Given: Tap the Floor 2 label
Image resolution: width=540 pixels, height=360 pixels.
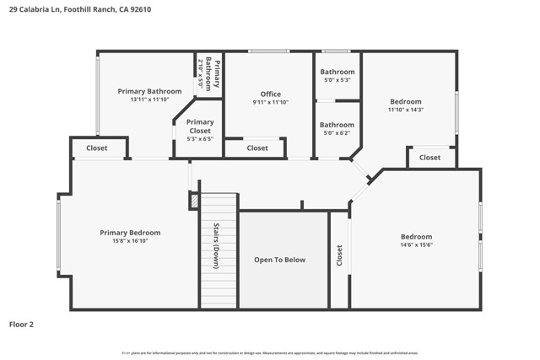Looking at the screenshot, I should pyautogui.click(x=21, y=323).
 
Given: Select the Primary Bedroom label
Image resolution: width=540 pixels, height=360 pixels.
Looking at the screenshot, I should pyautogui.click(x=130, y=233).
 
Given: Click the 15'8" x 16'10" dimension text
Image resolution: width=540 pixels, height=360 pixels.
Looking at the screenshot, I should pyautogui.click(x=130, y=240).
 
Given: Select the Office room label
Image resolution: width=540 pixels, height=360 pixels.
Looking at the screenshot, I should pyautogui.click(x=270, y=94).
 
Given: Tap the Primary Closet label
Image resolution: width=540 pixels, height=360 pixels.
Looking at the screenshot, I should pyautogui.click(x=200, y=126).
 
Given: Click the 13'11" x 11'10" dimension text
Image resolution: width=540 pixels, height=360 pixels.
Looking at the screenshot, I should pyautogui.click(x=149, y=99).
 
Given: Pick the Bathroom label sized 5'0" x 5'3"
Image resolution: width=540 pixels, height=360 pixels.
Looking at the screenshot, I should pyautogui.click(x=337, y=73).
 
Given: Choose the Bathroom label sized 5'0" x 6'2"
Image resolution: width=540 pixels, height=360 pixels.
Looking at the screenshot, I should pyautogui.click(x=337, y=125).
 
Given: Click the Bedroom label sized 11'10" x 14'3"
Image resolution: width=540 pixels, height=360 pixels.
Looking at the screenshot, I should pyautogui.click(x=405, y=101).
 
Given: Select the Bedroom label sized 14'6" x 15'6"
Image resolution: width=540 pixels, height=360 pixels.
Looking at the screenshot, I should pyautogui.click(x=416, y=237).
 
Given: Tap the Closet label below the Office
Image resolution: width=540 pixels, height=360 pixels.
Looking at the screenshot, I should pyautogui.click(x=257, y=148).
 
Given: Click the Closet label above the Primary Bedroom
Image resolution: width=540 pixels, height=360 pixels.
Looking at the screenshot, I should pyautogui.click(x=96, y=148).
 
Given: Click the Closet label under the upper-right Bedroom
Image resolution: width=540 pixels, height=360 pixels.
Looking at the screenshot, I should pyautogui.click(x=429, y=158).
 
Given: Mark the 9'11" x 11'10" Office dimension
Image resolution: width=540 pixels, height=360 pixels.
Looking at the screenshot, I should pyautogui.click(x=270, y=102).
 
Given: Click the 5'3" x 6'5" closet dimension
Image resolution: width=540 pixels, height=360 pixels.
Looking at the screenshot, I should pyautogui.click(x=200, y=138).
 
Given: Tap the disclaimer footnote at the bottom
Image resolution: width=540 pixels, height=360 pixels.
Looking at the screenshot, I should pyautogui.click(x=270, y=352).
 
